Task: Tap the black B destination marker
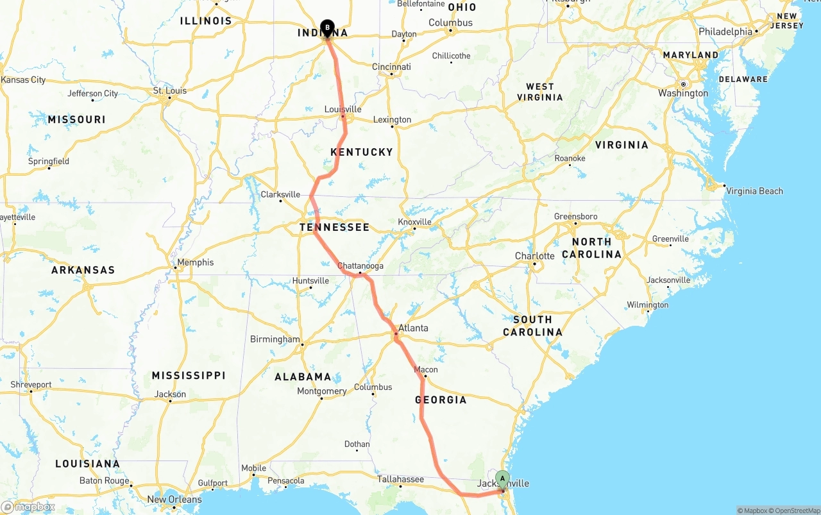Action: (327, 28)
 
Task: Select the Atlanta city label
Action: (413, 328)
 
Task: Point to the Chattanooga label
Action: (360, 266)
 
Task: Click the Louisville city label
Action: (343, 110)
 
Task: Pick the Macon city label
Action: (426, 369)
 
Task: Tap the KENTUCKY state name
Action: (362, 152)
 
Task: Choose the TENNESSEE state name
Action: (335, 227)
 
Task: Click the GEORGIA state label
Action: (441, 400)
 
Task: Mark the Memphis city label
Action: (196, 262)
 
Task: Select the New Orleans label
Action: (174, 500)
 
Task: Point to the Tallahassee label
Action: (400, 479)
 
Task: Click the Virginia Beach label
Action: (754, 190)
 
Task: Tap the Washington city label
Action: (683, 93)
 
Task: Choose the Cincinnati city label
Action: (391, 67)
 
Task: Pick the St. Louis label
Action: (170, 90)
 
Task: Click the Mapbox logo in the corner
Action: (28, 507)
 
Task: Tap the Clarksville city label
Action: (280, 194)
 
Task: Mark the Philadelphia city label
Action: (725, 31)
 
